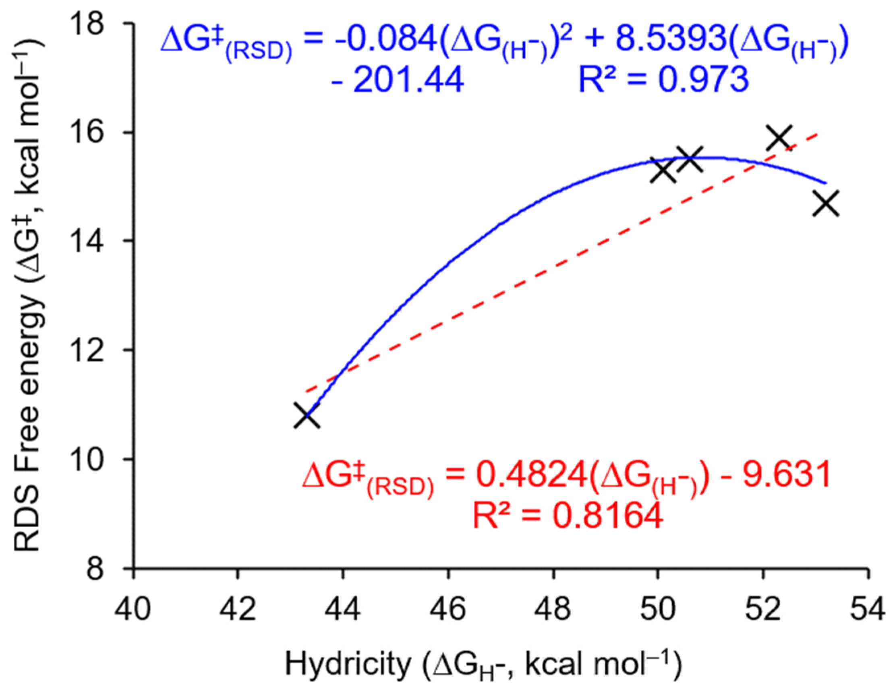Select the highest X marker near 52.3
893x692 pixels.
click(x=779, y=138)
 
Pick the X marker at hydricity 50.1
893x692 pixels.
click(x=663, y=170)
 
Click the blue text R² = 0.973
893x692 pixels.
click(x=663, y=79)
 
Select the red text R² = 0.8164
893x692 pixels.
click(x=568, y=516)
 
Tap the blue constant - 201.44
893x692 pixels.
click(x=398, y=79)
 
